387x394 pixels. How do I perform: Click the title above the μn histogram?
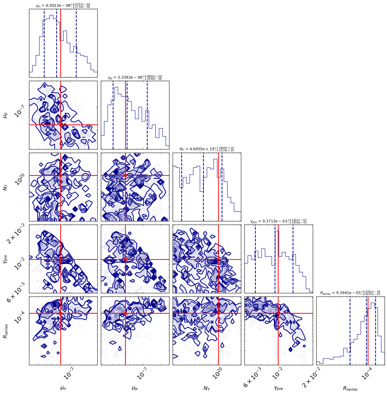coord(63,5)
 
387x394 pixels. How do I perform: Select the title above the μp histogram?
coord(135,77)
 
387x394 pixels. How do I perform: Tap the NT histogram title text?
coord(207,149)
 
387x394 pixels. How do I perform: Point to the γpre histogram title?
coord(278,221)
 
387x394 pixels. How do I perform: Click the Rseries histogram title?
coord(350,293)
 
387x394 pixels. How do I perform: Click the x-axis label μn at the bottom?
coord(63,388)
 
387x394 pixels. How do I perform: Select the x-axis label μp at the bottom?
coord(135,388)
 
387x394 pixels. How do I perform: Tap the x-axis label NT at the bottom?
coord(207,388)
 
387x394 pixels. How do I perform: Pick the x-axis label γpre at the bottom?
coord(278,388)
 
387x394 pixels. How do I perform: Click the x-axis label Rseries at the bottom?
coord(350,389)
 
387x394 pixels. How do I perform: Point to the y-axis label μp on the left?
coord(5,115)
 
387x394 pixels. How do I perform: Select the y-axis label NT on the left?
coord(5,187)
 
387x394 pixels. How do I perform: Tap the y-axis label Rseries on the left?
coord(5,331)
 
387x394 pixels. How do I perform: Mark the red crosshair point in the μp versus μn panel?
coord(61,125)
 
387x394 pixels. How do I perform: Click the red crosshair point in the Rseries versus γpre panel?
coord(278,313)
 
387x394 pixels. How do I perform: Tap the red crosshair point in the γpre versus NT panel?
coord(218,259)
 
